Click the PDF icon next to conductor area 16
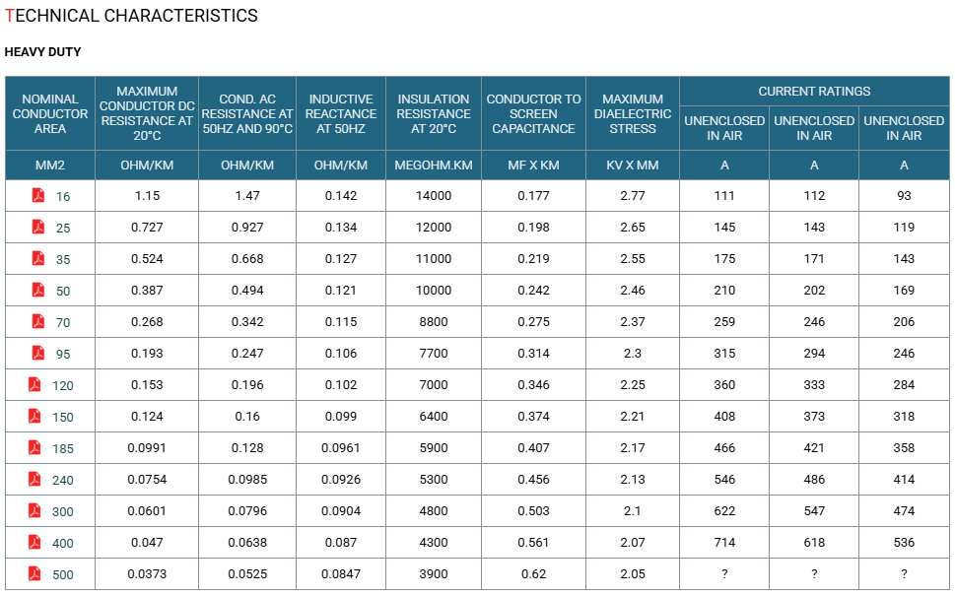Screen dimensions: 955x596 tap(38, 195)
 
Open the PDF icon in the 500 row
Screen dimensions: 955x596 tap(34, 573)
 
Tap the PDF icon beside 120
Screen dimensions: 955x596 tap(34, 385)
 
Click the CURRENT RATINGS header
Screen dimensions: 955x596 tap(814, 92)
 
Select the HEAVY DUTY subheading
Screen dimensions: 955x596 tap(42, 52)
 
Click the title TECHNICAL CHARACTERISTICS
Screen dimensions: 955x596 tap(131, 16)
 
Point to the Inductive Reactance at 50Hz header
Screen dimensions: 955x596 tap(340, 114)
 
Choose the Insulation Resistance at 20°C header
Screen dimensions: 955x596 tap(433, 114)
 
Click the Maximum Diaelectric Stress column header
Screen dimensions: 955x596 tap(632, 114)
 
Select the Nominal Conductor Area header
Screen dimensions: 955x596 tap(50, 114)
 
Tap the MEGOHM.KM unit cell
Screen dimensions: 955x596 tap(433, 165)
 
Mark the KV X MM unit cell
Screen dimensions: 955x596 tap(632, 165)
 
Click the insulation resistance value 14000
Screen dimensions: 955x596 tap(433, 195)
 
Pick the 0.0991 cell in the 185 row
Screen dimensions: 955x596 tap(147, 447)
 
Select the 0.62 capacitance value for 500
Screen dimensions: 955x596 tap(533, 573)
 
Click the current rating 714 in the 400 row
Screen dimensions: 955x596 tap(724, 542)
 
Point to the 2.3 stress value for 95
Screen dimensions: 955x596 tap(632, 353)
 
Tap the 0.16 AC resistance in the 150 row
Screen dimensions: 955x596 tap(247, 417)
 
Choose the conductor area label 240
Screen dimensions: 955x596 tap(63, 481)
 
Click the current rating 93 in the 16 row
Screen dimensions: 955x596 tap(904, 195)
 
